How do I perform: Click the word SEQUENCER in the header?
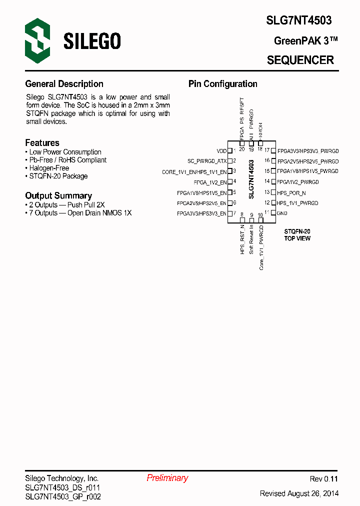tap(300, 60)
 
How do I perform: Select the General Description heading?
tap(64, 84)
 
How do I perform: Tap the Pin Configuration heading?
tap(222, 84)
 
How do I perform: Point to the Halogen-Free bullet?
tap(49, 168)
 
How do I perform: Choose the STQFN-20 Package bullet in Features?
tap(58, 176)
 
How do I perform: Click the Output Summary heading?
tap(58, 195)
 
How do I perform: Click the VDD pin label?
tap(221, 150)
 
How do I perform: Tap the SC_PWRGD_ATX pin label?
tap(206, 161)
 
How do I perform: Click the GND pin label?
tap(282, 213)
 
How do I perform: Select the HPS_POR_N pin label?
tap(291, 192)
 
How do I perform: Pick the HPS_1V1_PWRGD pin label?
tap(297, 203)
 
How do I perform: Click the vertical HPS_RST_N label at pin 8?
tap(242, 239)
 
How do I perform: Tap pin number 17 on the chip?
tap(267, 150)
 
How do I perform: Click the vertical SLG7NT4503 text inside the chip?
tap(251, 180)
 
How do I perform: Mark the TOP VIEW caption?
tap(297, 238)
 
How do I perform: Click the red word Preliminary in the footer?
tap(167, 478)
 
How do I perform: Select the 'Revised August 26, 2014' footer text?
tap(299, 493)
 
